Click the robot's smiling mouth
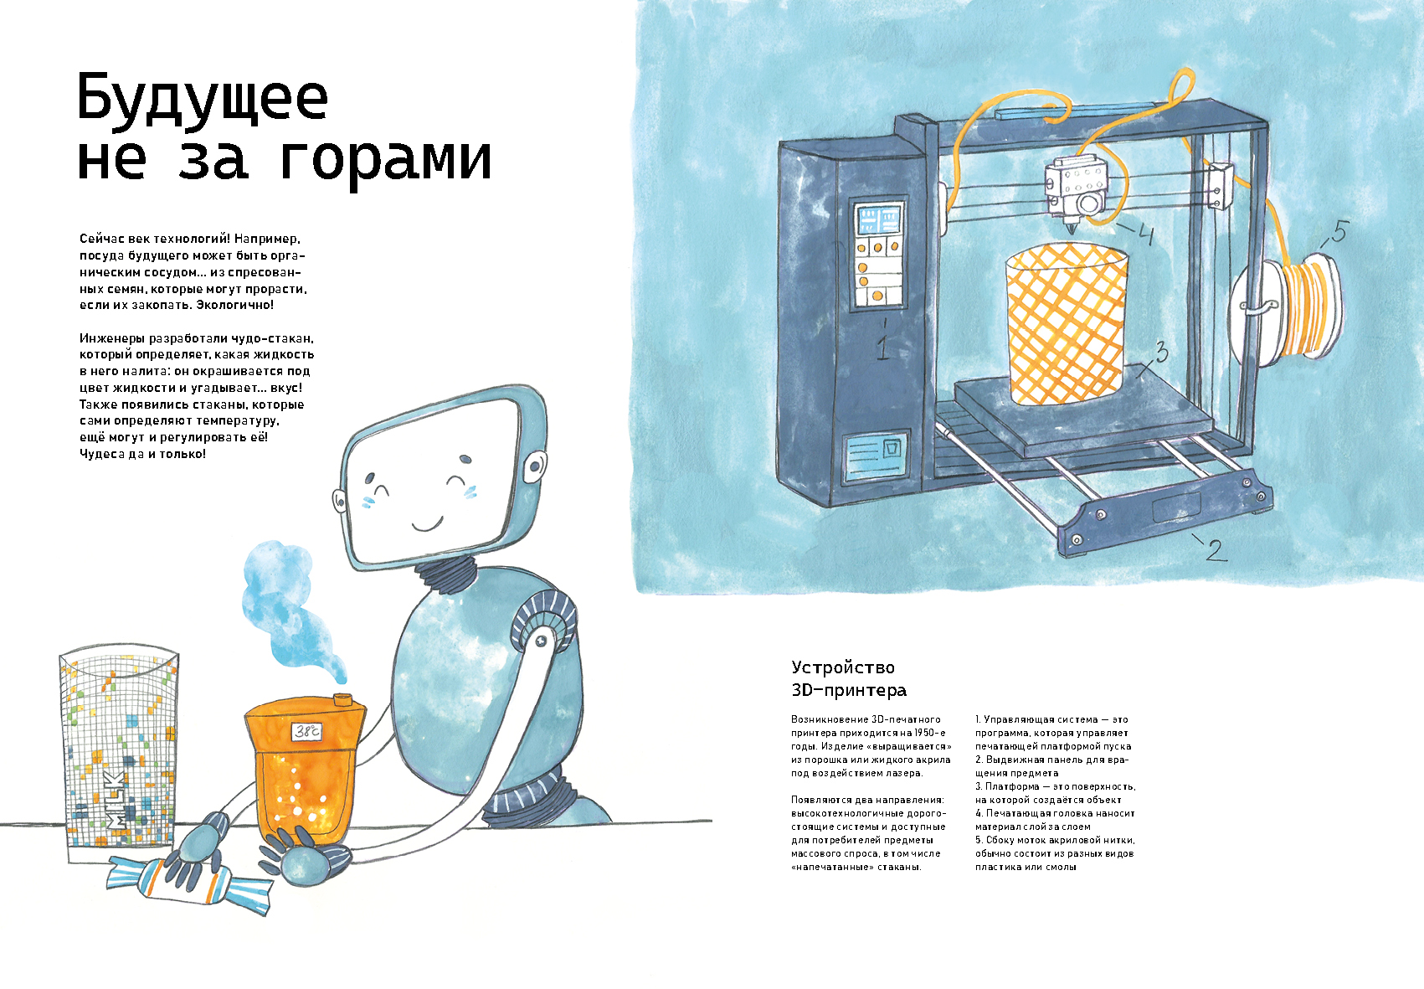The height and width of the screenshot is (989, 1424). coord(427,524)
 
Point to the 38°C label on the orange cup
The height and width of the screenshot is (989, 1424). coord(306,731)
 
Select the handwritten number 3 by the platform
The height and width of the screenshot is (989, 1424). coord(1161,352)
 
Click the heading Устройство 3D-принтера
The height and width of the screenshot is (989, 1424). coord(849,678)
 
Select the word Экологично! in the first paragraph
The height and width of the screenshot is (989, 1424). coord(235,305)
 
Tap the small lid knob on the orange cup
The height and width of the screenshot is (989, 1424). coord(342,699)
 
